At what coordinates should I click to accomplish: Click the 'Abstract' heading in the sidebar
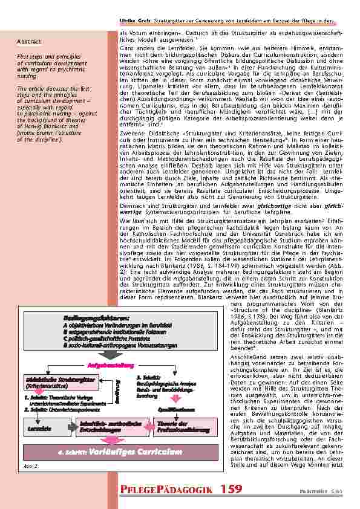30,42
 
